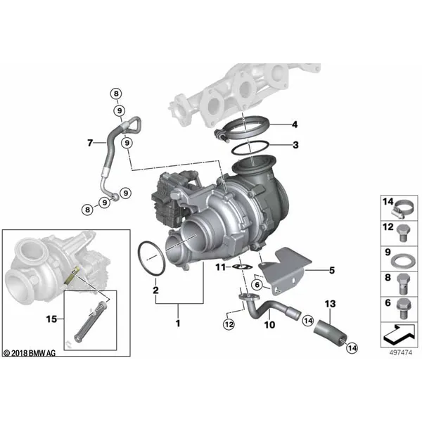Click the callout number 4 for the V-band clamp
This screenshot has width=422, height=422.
(x=295, y=124)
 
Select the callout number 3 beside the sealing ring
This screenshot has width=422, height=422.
(x=295, y=145)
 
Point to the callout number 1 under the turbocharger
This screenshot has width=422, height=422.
(x=178, y=323)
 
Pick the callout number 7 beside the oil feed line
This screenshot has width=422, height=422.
(x=90, y=142)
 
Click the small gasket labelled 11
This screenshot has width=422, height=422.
(x=242, y=267)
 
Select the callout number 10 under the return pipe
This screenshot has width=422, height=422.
(x=269, y=324)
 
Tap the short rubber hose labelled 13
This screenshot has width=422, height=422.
(x=330, y=331)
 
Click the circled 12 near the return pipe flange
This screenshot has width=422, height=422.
(x=229, y=324)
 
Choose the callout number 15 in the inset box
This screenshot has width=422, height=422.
(x=51, y=319)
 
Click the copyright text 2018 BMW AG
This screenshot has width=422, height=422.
(x=30, y=353)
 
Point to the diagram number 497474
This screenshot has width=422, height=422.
(x=400, y=352)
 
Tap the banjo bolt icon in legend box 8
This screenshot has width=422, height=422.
(x=402, y=284)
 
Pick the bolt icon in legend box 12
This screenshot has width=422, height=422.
(x=402, y=233)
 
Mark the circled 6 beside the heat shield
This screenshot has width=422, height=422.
(x=257, y=284)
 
